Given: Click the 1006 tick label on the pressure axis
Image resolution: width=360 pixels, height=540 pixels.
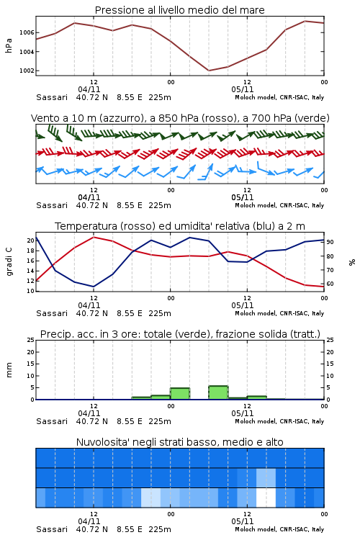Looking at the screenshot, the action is pos(27,32).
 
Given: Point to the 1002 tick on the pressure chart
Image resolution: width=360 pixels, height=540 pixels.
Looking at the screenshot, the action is pos(27,71).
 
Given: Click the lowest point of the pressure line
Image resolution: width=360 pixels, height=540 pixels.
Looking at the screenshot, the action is pos(209,71).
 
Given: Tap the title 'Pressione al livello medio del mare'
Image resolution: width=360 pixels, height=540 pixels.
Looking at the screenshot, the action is pos(180,10).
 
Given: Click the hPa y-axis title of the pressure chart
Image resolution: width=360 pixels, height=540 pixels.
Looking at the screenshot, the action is pos(9,45).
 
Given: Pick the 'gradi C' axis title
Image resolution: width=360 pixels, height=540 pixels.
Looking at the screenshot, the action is pos(9,262).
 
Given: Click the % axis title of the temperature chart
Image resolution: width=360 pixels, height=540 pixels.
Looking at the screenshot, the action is pos(352,262).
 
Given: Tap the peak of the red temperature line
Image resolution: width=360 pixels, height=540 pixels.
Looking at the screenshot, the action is pos(94,237).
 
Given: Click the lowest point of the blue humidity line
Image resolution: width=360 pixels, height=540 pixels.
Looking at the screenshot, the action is pos(94,287).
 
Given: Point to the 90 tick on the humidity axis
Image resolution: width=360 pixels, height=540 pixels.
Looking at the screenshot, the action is pos(330,242).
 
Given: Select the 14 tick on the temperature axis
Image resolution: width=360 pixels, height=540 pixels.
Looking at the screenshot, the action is pos(31,271).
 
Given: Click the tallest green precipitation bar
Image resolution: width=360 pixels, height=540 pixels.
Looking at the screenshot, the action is pos(218,392).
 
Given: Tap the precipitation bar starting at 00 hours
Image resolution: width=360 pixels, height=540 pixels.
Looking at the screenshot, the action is pos(180,394).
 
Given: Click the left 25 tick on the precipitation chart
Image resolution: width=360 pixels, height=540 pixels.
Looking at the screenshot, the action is pos(31,340).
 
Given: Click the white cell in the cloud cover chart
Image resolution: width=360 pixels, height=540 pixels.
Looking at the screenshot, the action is pos(266,498).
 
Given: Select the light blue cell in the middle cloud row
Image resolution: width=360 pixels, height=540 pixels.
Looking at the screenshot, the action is pos(266,477).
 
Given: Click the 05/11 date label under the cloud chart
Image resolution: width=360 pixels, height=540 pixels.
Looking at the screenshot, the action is pos(243,521).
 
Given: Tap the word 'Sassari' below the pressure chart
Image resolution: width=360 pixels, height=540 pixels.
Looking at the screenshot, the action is pos(52,97).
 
